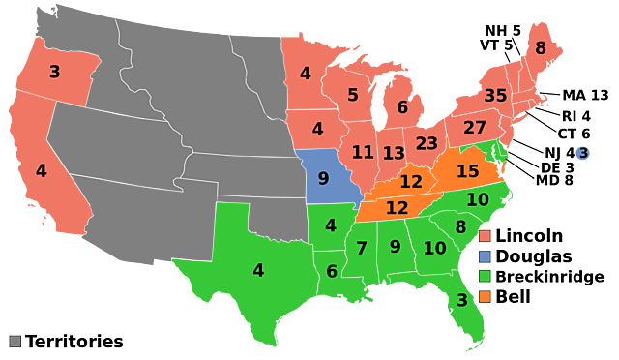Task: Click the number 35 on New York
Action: coord(495,96)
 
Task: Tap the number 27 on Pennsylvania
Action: coord(474,128)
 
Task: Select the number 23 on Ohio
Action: coord(427,143)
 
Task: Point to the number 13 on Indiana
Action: coord(393,153)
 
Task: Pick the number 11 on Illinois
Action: coord(363,152)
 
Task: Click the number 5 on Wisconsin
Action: coord(353,95)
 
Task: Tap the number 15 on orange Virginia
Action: coord(468,171)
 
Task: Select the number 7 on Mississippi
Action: coord(362,249)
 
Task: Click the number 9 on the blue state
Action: coord(323,178)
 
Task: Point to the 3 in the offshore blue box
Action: coord(583,153)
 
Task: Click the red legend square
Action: coord(485,236)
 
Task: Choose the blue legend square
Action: coord(485,256)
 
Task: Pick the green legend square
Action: coord(485,276)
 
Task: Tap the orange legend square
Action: coord(485,296)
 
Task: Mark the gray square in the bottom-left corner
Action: coord(15,341)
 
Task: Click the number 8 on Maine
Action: coord(540,48)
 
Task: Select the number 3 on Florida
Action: coord(461,300)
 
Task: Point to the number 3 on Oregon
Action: coord(54,72)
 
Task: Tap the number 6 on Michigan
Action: coord(402,107)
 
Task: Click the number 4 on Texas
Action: coord(258,270)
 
